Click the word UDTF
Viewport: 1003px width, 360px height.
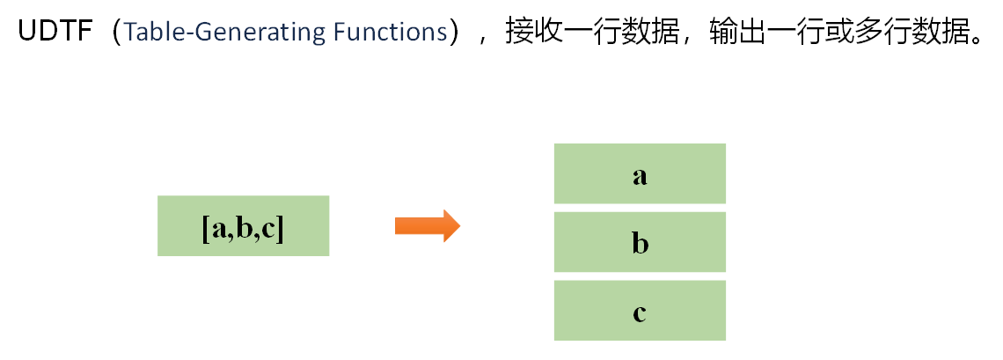[54, 33]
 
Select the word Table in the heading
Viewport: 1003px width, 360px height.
[147, 33]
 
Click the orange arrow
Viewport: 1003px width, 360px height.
[428, 226]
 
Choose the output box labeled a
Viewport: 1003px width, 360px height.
[640, 174]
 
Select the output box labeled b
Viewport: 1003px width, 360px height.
[640, 242]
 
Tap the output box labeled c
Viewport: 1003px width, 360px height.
[640, 311]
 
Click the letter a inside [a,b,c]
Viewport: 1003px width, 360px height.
[217, 229]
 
